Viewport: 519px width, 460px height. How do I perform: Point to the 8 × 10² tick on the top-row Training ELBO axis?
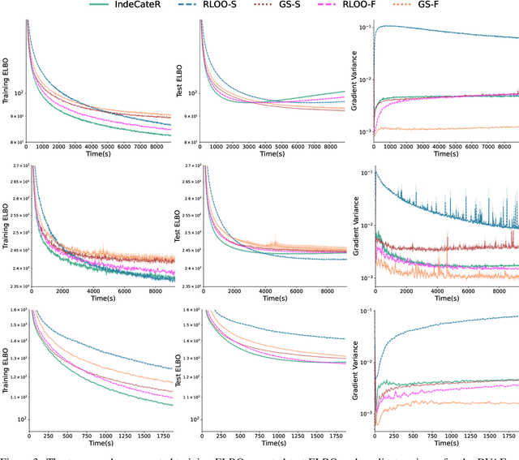[x=15, y=142]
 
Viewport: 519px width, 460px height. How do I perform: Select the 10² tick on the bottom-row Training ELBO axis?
[x=18, y=419]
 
